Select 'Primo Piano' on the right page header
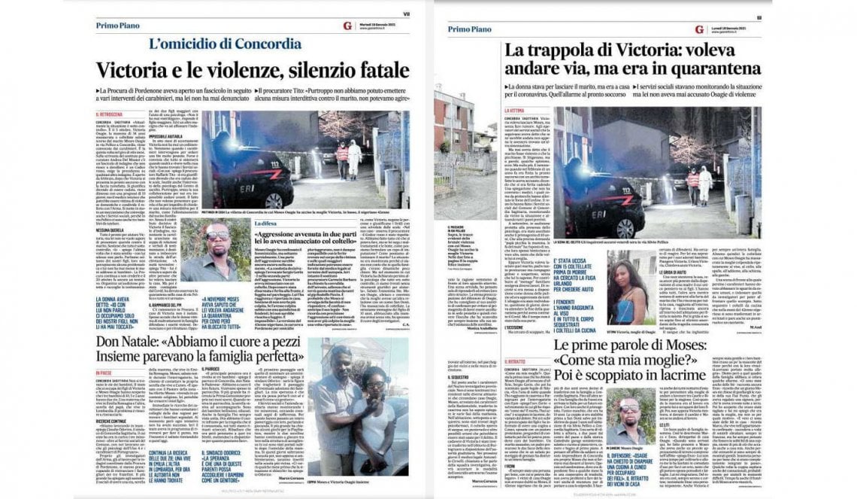click(x=472, y=29)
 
